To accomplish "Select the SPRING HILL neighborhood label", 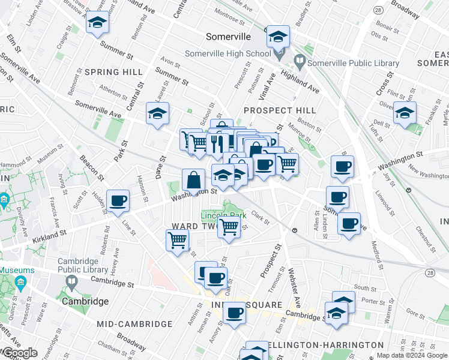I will coord(114,72).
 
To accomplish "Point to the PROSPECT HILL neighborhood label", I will coord(280,110).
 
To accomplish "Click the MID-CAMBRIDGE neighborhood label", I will coord(134,324).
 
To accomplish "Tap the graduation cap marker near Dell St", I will coord(405,113).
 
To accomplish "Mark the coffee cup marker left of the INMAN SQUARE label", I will coord(235,313).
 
